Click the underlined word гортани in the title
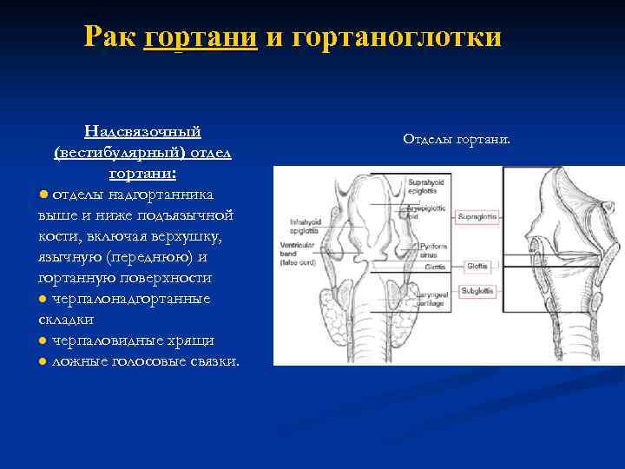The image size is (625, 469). tap(201, 37)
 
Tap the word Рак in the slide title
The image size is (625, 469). tap(110, 37)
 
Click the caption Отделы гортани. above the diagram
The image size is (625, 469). tap(457, 139)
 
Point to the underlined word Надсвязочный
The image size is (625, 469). tap(142, 131)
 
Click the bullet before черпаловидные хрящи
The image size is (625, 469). tap(43, 340)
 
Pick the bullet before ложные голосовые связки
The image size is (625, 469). tap(43, 361)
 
